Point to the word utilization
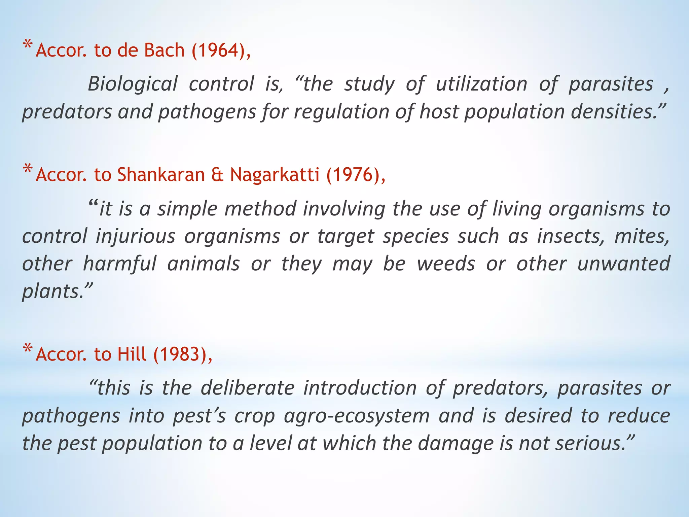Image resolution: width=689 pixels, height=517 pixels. (x=481, y=84)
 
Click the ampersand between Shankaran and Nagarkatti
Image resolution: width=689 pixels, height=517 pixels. (x=217, y=175)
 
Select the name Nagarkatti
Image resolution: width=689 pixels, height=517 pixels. (x=275, y=175)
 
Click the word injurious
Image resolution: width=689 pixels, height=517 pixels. (x=136, y=236)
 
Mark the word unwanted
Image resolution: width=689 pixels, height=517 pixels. (x=624, y=264)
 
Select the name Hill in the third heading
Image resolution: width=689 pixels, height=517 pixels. (x=132, y=354)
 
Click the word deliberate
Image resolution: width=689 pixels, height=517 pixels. (x=248, y=388)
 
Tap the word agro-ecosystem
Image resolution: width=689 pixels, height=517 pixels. (x=357, y=416)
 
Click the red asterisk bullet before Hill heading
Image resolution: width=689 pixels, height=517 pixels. (x=28, y=348)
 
